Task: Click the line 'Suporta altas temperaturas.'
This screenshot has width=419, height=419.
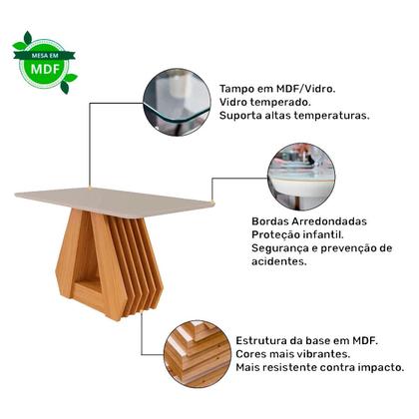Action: coord(295,115)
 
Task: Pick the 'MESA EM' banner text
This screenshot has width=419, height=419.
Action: coord(44,53)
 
